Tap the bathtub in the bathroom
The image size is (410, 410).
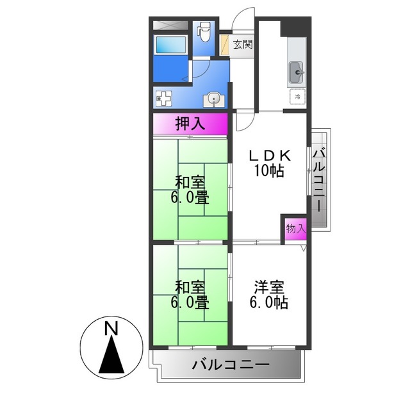(x=170, y=44)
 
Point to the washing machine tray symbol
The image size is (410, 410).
(x=163, y=99)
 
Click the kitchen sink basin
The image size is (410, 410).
(x=297, y=72)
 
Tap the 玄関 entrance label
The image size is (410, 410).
(x=242, y=45)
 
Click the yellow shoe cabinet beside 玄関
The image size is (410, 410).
(x=225, y=45)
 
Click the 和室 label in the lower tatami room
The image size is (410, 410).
(x=189, y=287)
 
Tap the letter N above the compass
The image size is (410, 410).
(x=111, y=329)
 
